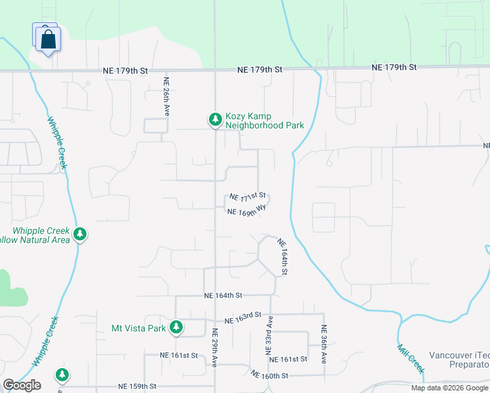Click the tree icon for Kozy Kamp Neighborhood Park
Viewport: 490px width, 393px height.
click(215, 119)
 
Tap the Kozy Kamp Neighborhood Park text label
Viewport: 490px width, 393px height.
click(265, 121)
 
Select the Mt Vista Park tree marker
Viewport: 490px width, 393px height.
click(176, 327)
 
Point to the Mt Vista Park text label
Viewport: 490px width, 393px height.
click(139, 327)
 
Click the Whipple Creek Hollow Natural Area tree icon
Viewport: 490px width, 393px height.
click(80, 234)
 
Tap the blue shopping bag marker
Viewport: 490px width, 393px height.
click(48, 39)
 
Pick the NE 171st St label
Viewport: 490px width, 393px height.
click(247, 196)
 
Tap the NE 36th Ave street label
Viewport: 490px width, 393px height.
click(324, 345)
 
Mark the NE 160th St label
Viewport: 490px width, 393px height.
click(269, 375)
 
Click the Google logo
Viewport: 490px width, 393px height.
click(22, 385)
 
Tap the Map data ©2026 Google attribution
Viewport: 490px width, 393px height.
click(449, 388)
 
